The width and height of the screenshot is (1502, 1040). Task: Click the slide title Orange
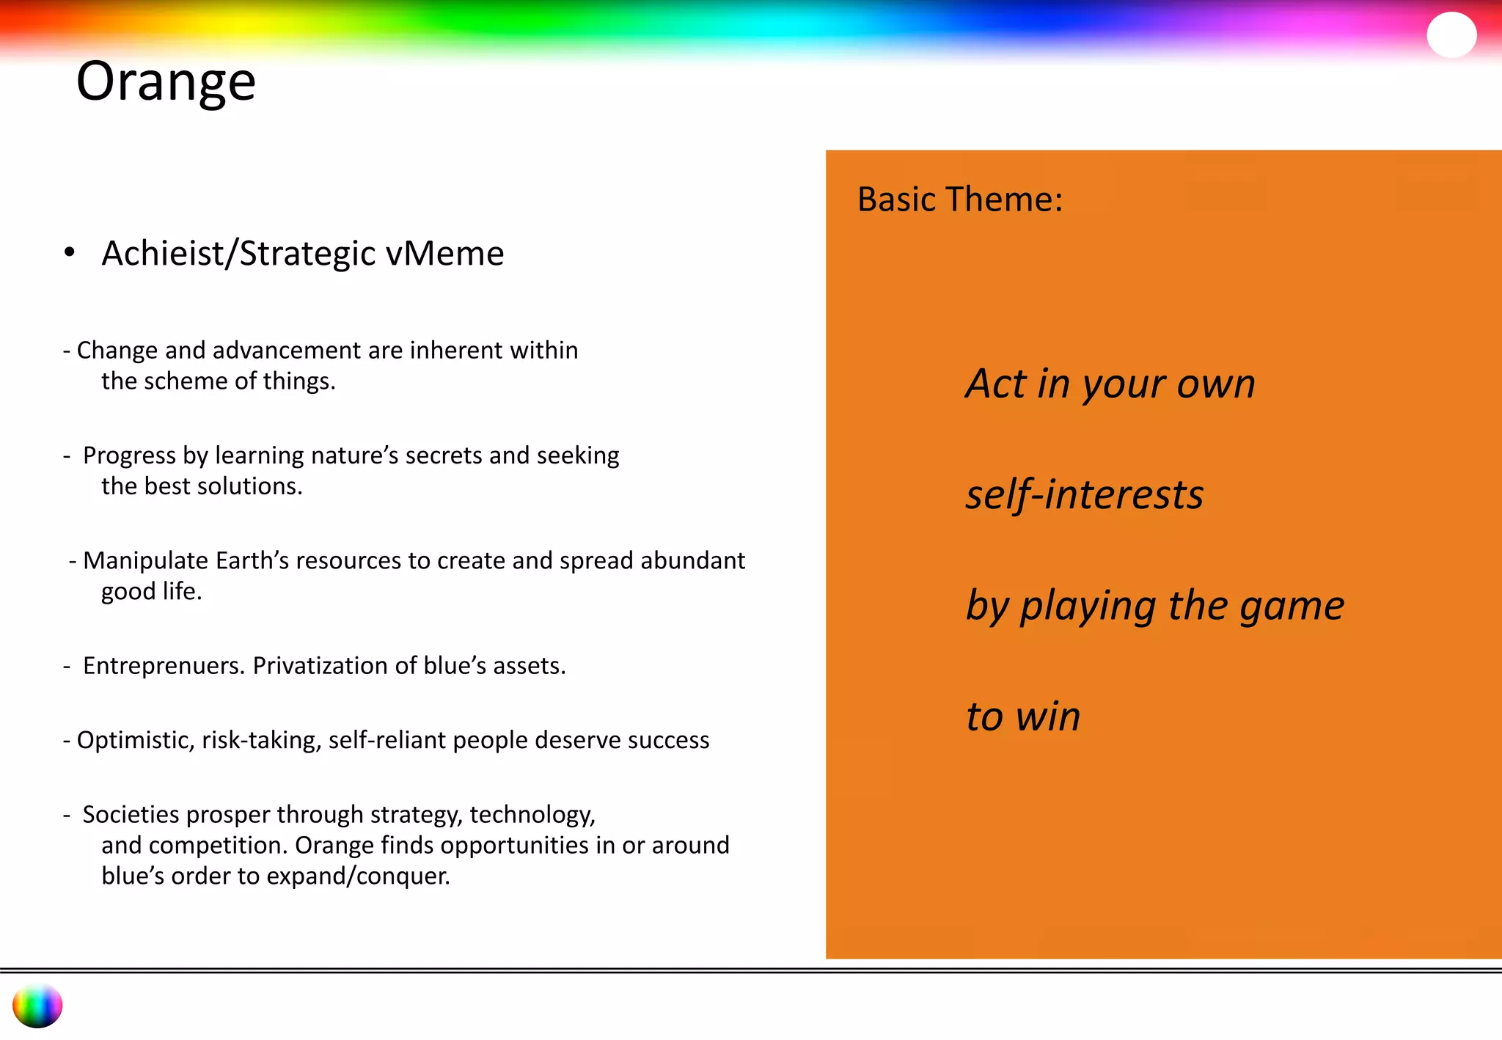[166, 82]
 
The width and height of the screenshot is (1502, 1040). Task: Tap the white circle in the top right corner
[1451, 35]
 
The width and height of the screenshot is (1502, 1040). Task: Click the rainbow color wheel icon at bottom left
[37, 1006]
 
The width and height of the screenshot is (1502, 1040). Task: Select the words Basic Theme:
[959, 199]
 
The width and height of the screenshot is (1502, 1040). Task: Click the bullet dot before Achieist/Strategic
[70, 253]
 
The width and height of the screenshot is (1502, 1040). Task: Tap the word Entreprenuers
[164, 665]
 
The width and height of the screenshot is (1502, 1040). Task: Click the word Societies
[131, 814]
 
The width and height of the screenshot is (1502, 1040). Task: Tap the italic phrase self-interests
[1084, 494]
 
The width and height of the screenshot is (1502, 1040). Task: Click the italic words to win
[1022, 717]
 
